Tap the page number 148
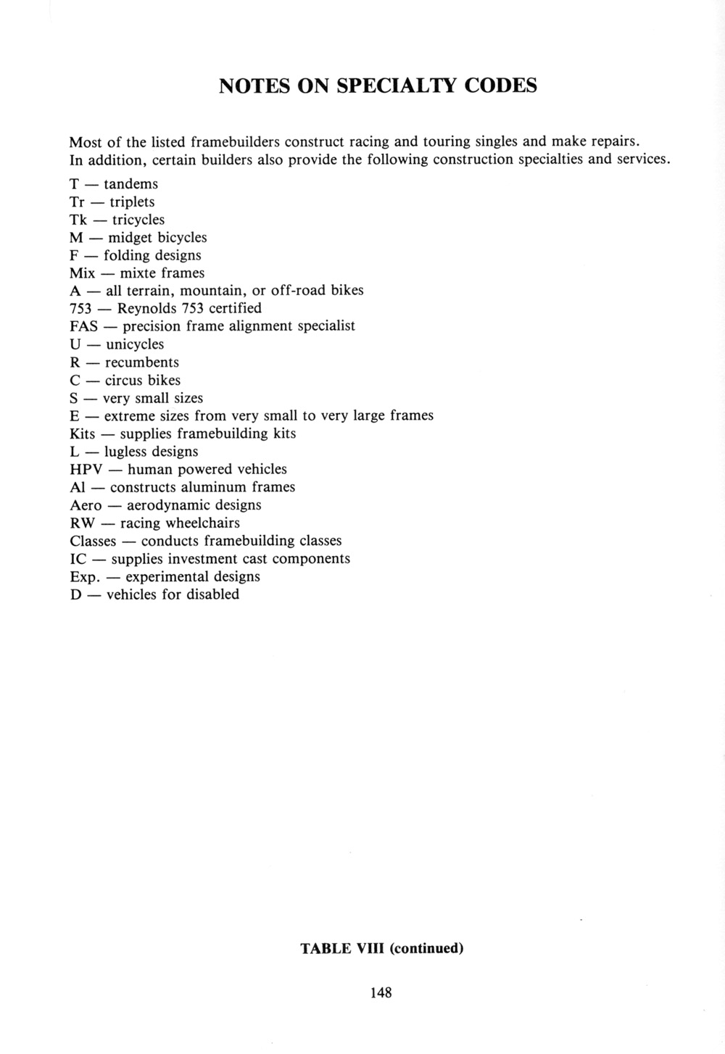click(x=380, y=993)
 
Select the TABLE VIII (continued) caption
click(x=381, y=948)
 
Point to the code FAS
click(x=84, y=327)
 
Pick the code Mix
click(x=82, y=273)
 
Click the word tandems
click(x=130, y=184)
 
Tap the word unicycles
click(x=135, y=344)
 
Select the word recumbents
click(x=141, y=362)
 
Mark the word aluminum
click(x=214, y=488)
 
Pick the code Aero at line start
click(x=86, y=505)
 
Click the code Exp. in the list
click(x=84, y=578)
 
